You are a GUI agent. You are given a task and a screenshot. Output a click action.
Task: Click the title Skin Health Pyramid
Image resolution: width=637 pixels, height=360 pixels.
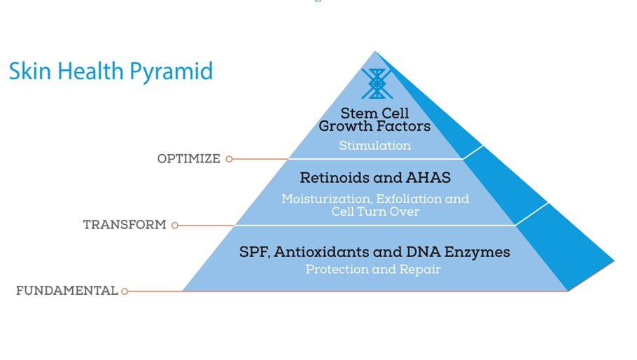tap(111, 71)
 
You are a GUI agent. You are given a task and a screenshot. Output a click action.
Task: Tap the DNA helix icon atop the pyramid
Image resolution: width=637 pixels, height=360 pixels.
tap(376, 84)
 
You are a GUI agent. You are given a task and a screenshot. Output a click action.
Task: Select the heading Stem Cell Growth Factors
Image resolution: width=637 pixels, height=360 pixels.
tap(374, 120)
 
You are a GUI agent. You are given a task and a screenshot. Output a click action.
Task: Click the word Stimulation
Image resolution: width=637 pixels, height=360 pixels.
tap(374, 146)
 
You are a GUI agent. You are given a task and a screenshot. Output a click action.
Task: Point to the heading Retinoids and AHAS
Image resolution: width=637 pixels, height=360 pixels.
tap(374, 178)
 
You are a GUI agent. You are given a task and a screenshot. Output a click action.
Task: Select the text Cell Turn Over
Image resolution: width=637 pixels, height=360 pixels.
tap(374, 212)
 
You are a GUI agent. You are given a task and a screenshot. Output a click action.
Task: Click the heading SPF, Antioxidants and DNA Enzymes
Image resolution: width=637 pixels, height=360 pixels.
tap(374, 252)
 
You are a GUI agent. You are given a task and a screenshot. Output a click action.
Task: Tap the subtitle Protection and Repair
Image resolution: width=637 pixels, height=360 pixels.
tap(373, 270)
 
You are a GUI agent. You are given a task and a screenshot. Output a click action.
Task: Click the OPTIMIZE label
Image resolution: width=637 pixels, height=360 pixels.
tap(188, 159)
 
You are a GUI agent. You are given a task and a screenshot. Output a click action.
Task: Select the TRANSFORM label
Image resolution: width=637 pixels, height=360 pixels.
tap(125, 225)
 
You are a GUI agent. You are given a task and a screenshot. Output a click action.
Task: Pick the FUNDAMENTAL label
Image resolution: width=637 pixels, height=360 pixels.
tap(66, 291)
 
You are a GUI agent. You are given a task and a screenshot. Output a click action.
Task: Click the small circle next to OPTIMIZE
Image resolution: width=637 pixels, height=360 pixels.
tap(229, 159)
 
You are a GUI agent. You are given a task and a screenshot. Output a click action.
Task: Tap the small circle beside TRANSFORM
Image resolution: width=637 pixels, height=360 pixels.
tap(175, 226)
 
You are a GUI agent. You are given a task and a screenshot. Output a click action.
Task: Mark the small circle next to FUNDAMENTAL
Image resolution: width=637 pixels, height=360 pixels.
tap(125, 291)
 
